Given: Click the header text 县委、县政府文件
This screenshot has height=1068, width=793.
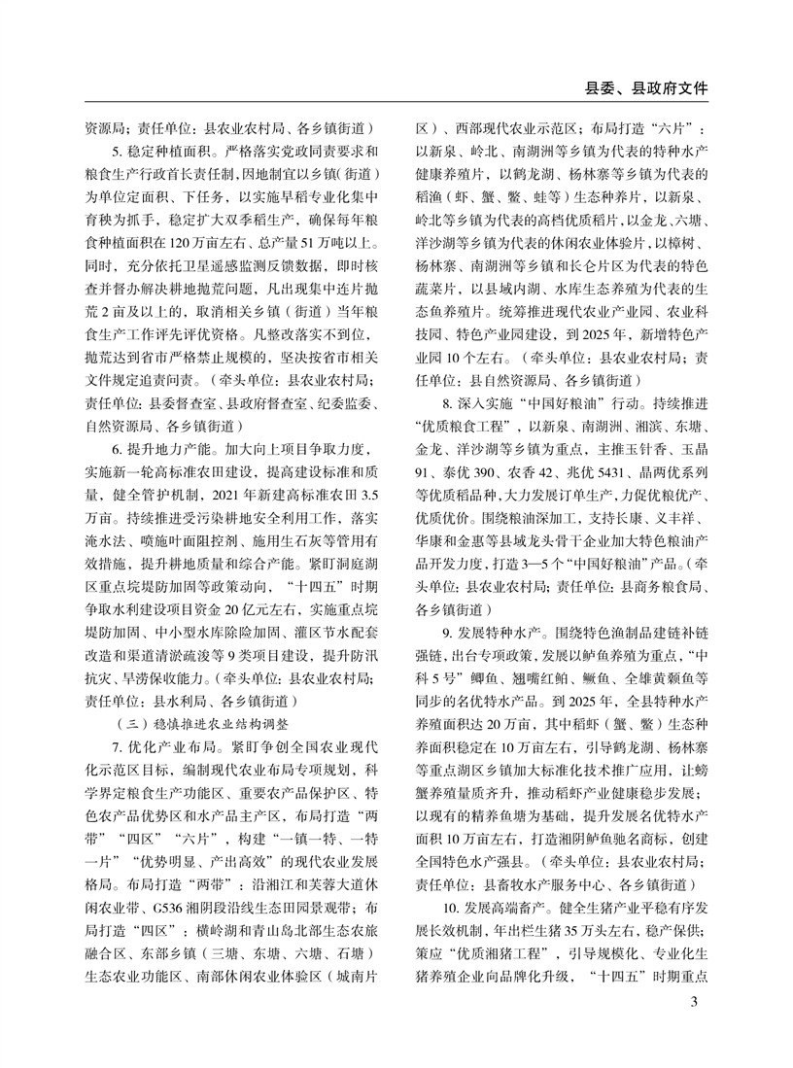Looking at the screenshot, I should (x=641, y=87).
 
